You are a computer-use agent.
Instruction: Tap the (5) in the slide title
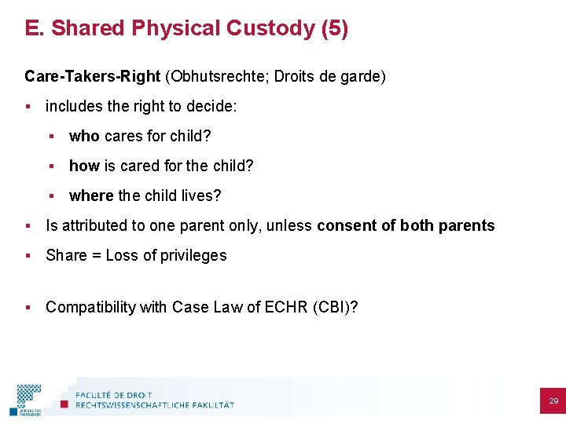click(x=335, y=28)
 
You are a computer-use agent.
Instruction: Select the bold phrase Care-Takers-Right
click(x=92, y=76)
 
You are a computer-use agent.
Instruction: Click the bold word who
click(x=84, y=137)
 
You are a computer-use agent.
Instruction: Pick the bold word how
click(x=83, y=166)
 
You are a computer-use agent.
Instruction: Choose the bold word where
click(x=92, y=196)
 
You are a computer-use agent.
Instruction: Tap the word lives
click(x=203, y=196)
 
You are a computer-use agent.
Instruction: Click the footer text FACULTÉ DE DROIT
click(x=115, y=394)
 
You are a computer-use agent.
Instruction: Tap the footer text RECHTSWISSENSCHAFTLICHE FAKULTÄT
click(x=155, y=405)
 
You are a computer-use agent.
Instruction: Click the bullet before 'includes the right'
click(x=28, y=106)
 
